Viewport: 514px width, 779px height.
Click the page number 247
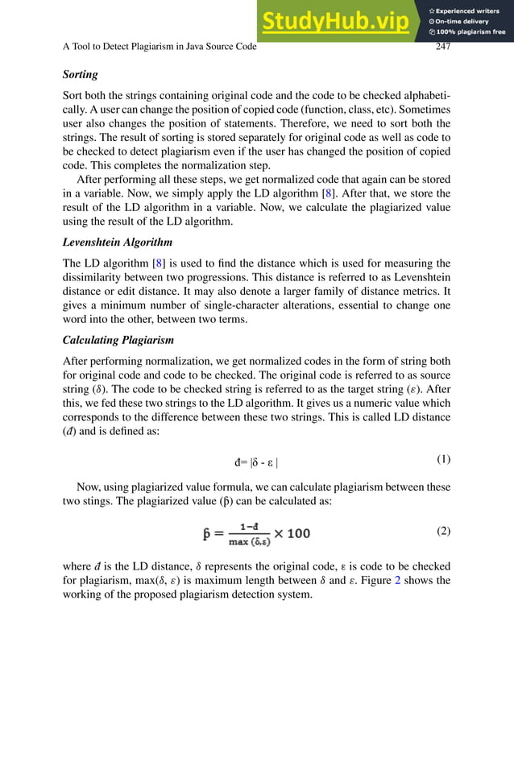442,47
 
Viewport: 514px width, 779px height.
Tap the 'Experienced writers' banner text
468,10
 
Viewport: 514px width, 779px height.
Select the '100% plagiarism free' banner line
468,32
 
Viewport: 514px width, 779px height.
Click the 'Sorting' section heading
81,75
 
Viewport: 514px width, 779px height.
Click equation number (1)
443,460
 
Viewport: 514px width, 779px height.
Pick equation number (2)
443,531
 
